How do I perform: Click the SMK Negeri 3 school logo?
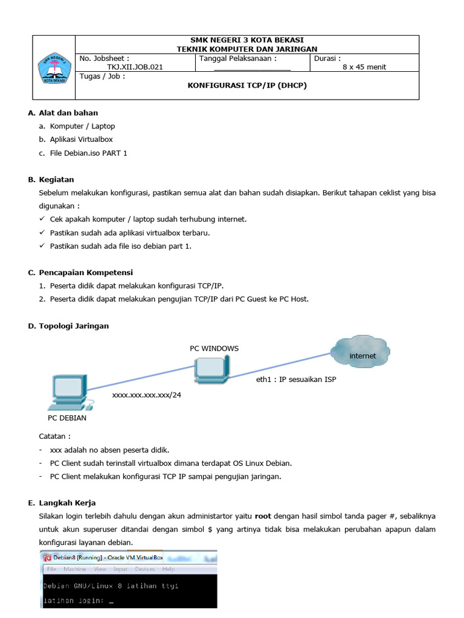54,68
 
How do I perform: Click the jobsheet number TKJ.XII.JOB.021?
135,67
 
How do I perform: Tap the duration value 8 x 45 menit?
364,67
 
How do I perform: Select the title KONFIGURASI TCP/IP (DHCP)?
247,85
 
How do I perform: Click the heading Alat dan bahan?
68,113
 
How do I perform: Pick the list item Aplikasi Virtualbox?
82,139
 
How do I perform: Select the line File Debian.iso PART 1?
89,153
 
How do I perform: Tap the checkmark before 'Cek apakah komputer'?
42,219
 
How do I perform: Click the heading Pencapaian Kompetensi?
86,272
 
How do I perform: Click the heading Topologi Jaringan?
74,326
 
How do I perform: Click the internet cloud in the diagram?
361,354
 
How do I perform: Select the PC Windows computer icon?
211,369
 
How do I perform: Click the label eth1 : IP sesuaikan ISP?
296,380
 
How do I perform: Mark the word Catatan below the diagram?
54,436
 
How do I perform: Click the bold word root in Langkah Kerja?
263,517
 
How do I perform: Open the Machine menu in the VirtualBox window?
75,569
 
